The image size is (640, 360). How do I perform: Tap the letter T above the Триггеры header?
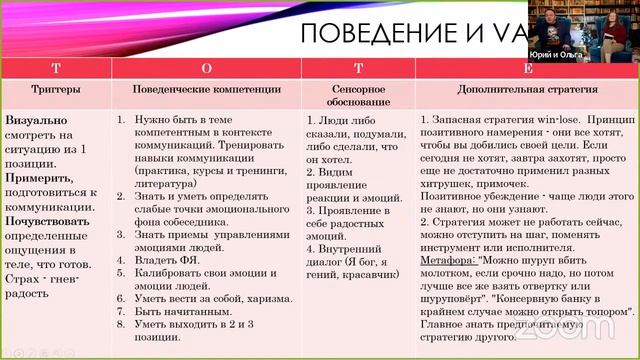pos(56,69)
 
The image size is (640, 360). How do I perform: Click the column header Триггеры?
pos(56,89)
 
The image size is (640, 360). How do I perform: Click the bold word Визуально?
pos(35,118)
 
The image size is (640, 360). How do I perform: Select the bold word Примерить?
pos(39,177)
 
